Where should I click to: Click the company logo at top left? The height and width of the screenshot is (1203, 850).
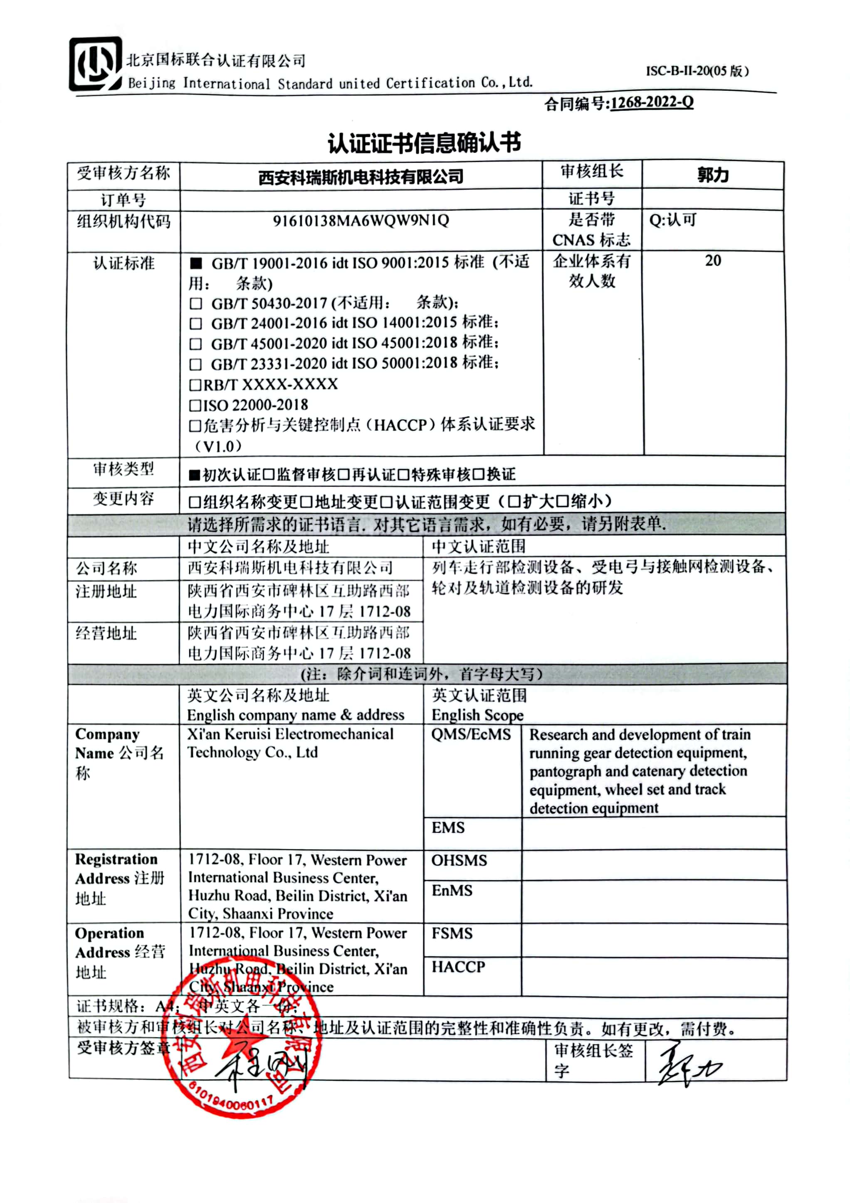[95, 64]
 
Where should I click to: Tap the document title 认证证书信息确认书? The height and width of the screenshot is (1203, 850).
[424, 143]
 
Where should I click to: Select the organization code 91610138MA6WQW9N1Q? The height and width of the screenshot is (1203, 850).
[361, 220]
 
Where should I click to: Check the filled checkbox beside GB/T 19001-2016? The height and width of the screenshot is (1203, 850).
[196, 263]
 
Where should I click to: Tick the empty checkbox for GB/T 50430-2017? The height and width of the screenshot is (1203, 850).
[196, 303]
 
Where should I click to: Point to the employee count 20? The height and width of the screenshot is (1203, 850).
[713, 261]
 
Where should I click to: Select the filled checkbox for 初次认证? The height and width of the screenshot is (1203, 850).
[195, 475]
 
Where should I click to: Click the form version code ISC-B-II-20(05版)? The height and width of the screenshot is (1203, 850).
[697, 71]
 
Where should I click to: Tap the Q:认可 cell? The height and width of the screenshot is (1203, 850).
[673, 220]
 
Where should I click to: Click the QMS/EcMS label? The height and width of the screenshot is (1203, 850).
[471, 735]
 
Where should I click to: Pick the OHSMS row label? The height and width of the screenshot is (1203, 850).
[459, 860]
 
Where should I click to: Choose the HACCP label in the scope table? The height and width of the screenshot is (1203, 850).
[458, 967]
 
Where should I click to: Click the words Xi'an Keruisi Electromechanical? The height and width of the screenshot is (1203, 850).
[290, 734]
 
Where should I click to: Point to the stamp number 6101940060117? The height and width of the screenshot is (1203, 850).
[231, 1098]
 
